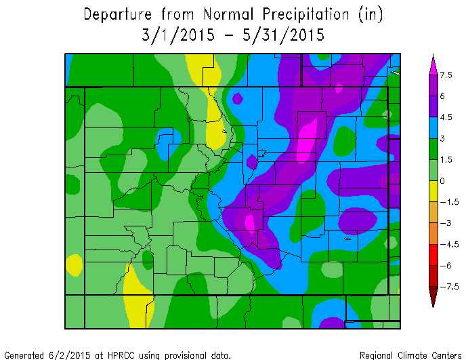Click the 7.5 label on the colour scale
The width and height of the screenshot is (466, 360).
pyautogui.click(x=446, y=75)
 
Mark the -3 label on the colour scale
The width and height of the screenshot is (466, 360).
pyautogui.click(x=444, y=223)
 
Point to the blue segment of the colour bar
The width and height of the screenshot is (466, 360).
pyautogui.click(x=433, y=127)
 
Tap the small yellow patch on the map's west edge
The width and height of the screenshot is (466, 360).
pyautogui.click(x=74, y=264)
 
